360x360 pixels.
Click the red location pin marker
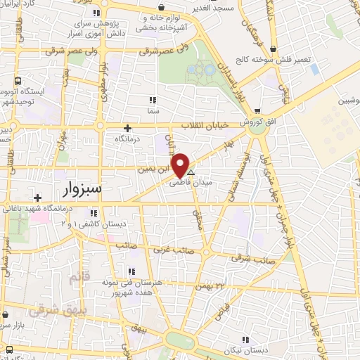[x=181, y=165]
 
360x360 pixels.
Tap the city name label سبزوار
[x=81, y=189]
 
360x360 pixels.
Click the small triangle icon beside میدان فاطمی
[x=191, y=171]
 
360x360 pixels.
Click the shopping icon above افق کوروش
[x=259, y=111]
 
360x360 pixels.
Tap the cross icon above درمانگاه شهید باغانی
[x=37, y=198]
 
